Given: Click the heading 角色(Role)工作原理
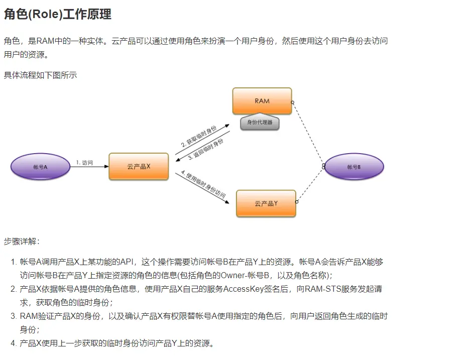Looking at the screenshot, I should pyautogui.click(x=57, y=15).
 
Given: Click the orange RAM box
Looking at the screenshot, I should pyautogui.click(x=262, y=101).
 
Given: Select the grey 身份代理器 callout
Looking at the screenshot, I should pyautogui.click(x=260, y=122).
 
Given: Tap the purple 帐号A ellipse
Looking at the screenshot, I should pyautogui.click(x=40, y=167).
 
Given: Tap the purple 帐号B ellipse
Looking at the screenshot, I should pyautogui.click(x=354, y=167).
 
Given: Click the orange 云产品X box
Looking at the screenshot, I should pyautogui.click(x=139, y=166).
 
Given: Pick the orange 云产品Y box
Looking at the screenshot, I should pyautogui.click(x=266, y=203).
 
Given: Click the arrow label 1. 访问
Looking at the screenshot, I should pyautogui.click(x=84, y=162).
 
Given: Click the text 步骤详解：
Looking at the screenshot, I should pyautogui.click(x=22, y=241).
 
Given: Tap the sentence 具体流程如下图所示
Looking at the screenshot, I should pyautogui.click(x=40, y=75).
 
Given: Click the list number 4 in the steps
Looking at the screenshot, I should pyautogui.click(x=14, y=343).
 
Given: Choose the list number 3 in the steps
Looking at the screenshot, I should pyautogui.click(x=14, y=316).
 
